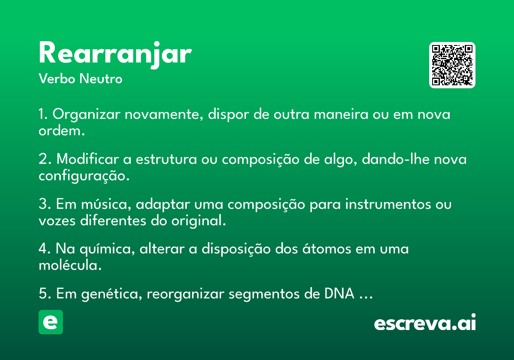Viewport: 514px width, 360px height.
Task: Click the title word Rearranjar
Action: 115,55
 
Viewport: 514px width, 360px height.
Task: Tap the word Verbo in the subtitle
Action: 57,79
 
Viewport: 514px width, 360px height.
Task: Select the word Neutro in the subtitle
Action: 101,79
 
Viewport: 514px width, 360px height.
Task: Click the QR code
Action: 452,65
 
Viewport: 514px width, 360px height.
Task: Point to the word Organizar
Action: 86,114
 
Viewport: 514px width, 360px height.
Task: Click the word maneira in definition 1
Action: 341,114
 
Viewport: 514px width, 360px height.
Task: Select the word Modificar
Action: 88,159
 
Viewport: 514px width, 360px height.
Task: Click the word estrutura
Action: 166,159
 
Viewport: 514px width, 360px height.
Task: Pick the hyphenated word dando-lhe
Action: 396,159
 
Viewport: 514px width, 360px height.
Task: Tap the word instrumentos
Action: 388,204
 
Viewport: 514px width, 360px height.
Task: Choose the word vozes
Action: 57,221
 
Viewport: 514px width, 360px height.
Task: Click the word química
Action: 106,249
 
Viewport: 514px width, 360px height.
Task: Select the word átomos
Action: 327,249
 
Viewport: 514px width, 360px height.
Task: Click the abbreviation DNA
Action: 339,294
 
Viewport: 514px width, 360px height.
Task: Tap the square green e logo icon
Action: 51,322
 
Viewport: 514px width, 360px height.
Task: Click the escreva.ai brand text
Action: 425,322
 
